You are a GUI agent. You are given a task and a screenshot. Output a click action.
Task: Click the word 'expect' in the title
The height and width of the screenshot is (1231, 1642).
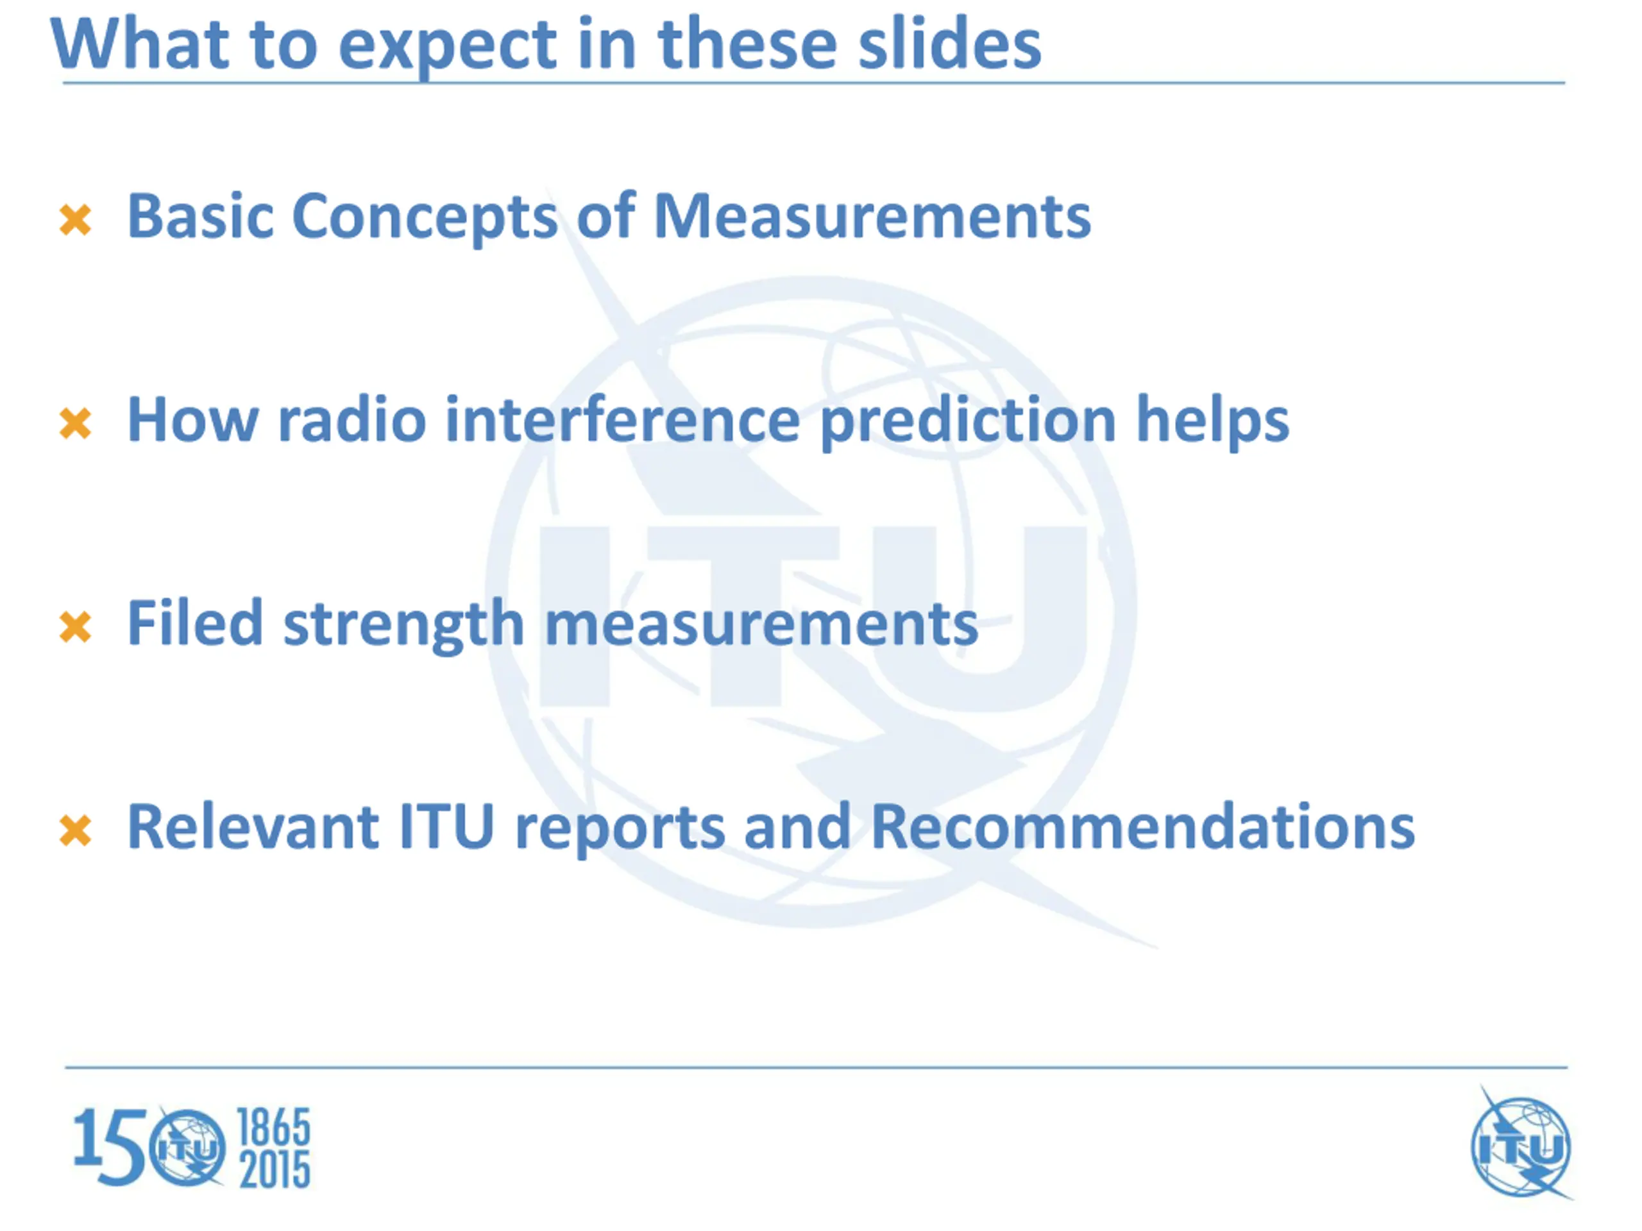point(447,47)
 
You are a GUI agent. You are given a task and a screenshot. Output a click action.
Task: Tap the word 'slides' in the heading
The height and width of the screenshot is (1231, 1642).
point(949,42)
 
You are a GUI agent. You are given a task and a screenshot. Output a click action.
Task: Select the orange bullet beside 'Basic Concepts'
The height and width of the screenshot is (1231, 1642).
point(75,221)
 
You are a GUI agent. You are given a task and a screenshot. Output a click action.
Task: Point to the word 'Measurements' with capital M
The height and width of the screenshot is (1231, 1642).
point(872,216)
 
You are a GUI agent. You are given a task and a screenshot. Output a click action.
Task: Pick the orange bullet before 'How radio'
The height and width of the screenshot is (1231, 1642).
point(75,424)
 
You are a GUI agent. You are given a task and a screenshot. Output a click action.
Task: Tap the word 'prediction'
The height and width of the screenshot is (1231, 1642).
point(969,421)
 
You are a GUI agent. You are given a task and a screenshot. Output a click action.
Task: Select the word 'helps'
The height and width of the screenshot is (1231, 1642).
point(1213,420)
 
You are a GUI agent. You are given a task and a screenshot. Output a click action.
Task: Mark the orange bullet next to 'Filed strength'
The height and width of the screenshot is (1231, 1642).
point(75,627)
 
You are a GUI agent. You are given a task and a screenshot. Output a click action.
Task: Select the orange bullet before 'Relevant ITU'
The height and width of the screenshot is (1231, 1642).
point(75,830)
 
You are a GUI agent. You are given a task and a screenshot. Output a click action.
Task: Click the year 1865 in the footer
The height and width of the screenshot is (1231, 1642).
point(273,1128)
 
